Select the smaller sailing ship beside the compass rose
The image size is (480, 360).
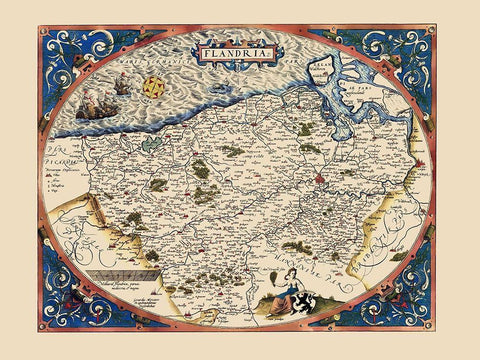tap(122, 85)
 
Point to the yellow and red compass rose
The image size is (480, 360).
tap(153, 88)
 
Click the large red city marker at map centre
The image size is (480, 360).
tap(319, 180)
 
